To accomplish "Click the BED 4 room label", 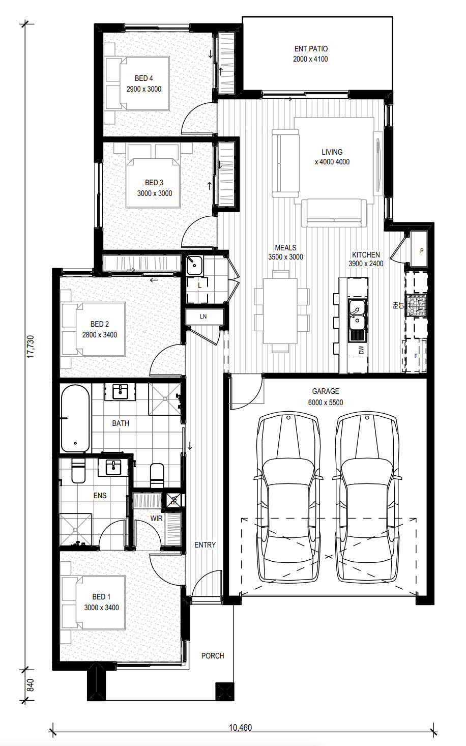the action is pos(144,78).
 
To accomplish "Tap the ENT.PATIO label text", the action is pos(311,49).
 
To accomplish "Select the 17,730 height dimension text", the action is pos(31,347).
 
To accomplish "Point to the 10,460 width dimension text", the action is pos(240,728).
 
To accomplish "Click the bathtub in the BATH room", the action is pos(75,419).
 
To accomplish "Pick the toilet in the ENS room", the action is pos(78,471).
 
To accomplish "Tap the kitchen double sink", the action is pos(357,320).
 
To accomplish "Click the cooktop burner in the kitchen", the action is pos(416,305).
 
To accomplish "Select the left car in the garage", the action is pos(288,497).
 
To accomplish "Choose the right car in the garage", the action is pos(367,497).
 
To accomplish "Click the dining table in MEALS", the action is pos(280,311).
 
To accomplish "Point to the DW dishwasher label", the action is pos(362,350).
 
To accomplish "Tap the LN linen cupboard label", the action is pos(203,317).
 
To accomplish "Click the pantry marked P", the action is pos(419,249).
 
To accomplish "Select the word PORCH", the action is pos(213,656).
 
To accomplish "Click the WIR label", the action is pos(156,519).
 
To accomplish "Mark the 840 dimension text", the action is pos(31,685).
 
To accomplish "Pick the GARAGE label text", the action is pos(326,391).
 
